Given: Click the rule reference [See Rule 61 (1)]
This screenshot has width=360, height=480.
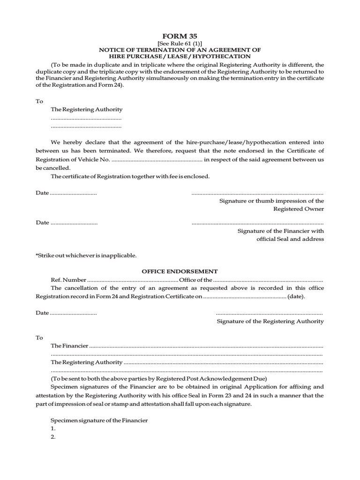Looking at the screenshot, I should [x=180, y=43].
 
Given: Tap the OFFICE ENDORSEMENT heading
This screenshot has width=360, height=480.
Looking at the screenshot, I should [x=180, y=271].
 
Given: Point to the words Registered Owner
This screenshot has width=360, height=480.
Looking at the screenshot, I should [x=298, y=209].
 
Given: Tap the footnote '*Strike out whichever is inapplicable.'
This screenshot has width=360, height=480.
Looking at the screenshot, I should [x=86, y=255].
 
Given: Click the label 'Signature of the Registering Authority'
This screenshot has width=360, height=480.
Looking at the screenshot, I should [x=270, y=321].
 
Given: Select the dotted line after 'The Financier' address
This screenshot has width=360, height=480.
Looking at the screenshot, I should [x=206, y=346].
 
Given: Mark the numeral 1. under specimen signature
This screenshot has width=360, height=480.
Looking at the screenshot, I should [x=53, y=428].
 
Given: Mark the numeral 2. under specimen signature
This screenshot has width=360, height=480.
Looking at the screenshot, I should [x=53, y=437].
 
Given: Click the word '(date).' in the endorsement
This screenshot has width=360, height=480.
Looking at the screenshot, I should [x=296, y=297].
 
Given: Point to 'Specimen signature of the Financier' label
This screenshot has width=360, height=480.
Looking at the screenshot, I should [x=99, y=420].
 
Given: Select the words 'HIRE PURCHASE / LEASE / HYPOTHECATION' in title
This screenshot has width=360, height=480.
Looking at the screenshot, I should [x=180, y=56].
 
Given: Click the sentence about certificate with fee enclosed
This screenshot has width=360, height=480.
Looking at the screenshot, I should [x=130, y=176].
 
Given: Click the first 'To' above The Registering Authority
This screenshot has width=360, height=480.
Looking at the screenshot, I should [x=39, y=101].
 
